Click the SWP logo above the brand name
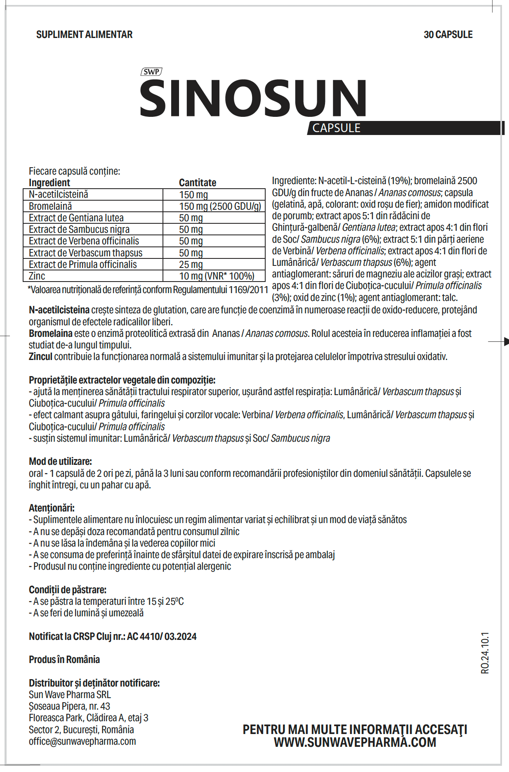(x=151, y=72)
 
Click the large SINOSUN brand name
(x=253, y=98)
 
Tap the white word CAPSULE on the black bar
(x=336, y=128)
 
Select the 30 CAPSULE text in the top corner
(x=448, y=35)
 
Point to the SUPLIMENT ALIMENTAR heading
(x=85, y=35)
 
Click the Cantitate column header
(x=198, y=182)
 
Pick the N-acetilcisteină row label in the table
(x=59, y=194)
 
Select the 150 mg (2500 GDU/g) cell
(x=220, y=206)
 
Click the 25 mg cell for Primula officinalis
(x=191, y=265)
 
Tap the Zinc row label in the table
(x=37, y=276)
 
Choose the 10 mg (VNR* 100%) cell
(x=217, y=276)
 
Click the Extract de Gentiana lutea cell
(x=76, y=218)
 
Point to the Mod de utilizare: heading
(x=60, y=462)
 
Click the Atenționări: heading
(x=52, y=508)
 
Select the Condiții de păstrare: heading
(x=68, y=590)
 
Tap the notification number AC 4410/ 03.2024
(x=162, y=637)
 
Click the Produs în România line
(x=64, y=660)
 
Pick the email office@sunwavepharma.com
(x=82, y=741)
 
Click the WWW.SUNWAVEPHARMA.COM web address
(x=355, y=742)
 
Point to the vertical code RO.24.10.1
(x=485, y=653)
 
